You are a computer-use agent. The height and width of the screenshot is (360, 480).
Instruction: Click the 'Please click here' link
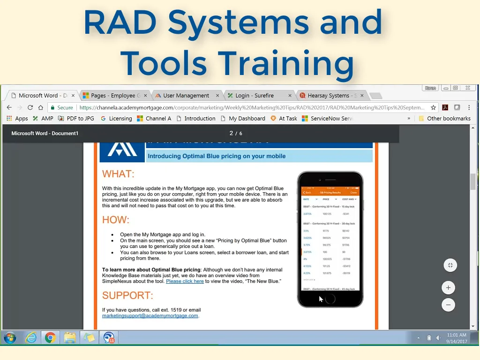click(185, 281)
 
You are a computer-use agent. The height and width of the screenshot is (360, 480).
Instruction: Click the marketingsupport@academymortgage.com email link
click(150, 316)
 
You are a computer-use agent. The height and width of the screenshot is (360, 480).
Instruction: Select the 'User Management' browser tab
click(186, 96)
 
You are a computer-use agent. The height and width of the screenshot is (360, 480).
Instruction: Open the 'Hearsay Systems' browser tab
click(328, 96)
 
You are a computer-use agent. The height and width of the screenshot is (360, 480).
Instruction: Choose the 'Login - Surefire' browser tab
click(254, 96)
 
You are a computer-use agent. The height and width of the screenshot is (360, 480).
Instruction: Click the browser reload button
click(30, 107)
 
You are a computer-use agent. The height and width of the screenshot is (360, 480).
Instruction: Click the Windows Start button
click(10, 337)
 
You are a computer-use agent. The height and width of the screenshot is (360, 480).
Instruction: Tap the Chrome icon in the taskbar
click(50, 337)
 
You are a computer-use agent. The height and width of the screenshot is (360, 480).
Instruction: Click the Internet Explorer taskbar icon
click(31, 337)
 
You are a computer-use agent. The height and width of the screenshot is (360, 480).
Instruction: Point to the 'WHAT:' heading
click(118, 174)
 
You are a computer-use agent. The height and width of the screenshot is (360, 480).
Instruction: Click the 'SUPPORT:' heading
click(127, 296)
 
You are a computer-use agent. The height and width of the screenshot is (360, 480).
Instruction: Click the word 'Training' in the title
click(286, 63)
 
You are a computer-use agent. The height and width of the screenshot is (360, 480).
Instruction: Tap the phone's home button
click(330, 298)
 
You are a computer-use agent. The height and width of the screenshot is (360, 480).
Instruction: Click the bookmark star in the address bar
click(434, 107)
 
